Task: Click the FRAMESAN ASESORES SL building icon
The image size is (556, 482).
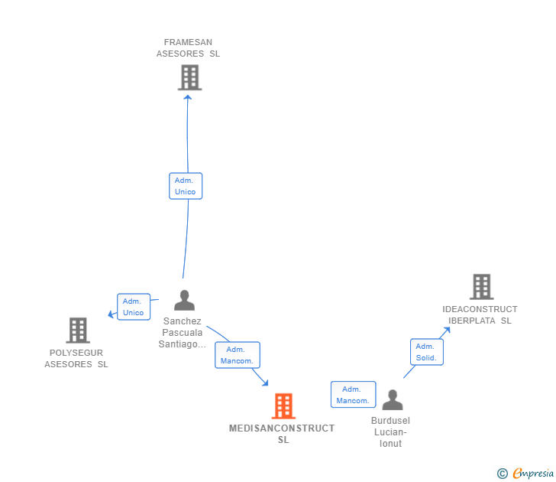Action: [x=189, y=77]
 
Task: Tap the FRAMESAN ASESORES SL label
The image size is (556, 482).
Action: [x=188, y=48]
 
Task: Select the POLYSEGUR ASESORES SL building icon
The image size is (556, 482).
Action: [x=78, y=331]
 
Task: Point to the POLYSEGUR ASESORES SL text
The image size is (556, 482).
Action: [x=76, y=359]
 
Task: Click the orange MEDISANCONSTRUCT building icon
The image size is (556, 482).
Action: [x=283, y=406]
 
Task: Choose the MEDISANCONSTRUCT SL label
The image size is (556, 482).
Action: [x=283, y=434]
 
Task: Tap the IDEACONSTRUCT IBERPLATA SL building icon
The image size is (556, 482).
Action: [x=481, y=287]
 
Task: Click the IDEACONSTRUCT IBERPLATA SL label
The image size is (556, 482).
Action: [x=480, y=315]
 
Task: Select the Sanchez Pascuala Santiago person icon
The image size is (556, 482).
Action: [x=184, y=300]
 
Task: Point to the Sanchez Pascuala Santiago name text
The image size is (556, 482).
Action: [x=183, y=333]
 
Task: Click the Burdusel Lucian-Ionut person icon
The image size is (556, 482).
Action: [x=392, y=400]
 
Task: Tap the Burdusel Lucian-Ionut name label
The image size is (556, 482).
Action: [x=390, y=432]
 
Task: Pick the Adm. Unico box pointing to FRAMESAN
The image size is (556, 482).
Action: [x=186, y=186]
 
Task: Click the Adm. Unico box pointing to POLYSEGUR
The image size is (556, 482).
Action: [x=133, y=307]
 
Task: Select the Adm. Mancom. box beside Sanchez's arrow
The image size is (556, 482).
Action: [x=238, y=355]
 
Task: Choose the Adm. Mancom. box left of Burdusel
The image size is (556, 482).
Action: [x=353, y=395]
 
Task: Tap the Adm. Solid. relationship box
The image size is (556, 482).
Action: [x=426, y=353]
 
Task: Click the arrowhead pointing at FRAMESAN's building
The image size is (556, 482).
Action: [x=188, y=97]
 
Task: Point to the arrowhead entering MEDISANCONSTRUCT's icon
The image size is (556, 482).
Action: [x=265, y=382]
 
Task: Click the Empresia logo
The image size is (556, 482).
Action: [x=526, y=474]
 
